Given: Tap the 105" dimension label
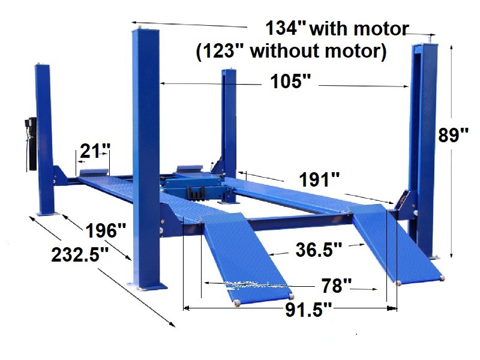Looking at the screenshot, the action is (290, 82).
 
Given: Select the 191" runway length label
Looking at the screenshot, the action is (319, 179).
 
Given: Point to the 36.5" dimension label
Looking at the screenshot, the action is (319, 250).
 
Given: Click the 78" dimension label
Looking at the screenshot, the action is (336, 286).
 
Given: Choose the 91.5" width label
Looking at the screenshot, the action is (308, 310).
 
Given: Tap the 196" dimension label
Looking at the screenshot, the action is (106, 230).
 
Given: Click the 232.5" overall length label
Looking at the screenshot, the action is (80, 254).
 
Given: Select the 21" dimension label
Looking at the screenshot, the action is (95, 151).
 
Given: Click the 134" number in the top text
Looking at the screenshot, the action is (286, 28).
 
